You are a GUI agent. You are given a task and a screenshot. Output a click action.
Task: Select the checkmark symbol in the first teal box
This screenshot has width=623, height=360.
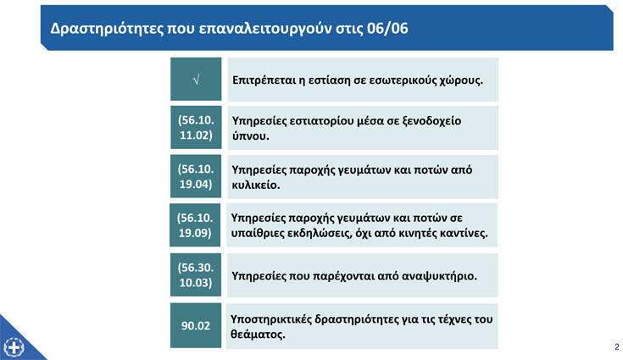197,80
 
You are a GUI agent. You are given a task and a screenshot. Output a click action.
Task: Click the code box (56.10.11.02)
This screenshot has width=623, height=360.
196,127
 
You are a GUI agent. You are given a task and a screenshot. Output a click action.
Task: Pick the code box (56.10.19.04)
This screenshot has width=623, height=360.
196,176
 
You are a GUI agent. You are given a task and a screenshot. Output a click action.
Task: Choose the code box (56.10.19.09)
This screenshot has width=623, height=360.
195,225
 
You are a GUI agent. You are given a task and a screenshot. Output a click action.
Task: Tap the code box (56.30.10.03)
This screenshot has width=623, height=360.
196,274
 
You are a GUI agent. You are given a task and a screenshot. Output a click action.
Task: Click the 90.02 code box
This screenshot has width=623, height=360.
196,325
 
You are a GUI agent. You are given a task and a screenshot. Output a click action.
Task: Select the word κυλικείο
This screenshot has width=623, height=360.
256,185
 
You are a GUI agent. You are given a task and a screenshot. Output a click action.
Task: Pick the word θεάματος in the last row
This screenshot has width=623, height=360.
259,335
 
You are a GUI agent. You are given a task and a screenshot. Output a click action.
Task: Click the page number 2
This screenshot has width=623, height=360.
617,347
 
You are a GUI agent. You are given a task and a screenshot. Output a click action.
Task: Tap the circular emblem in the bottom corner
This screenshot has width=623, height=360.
14,347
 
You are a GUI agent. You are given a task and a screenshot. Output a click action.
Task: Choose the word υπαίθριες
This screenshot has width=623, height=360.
257,233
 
